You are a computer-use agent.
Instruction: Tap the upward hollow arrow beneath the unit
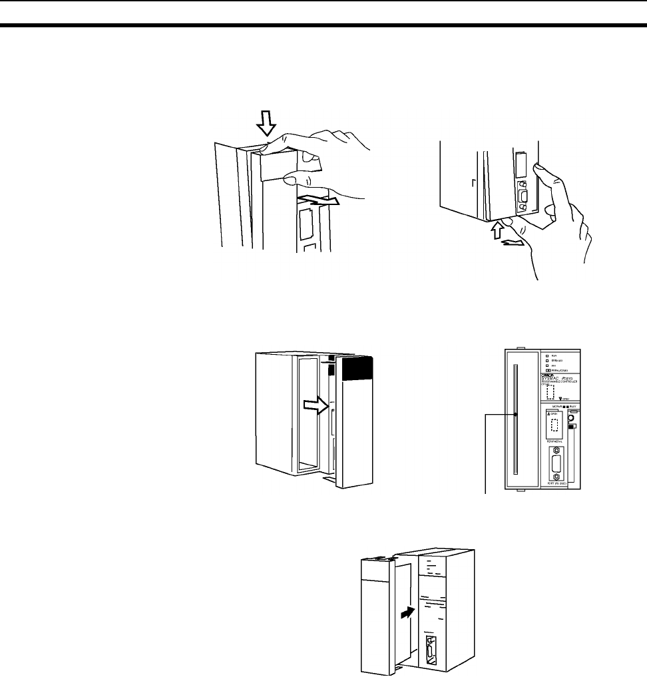pyautogui.click(x=495, y=231)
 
